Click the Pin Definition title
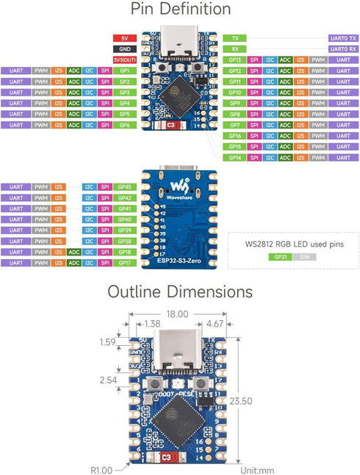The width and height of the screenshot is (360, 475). tap(180, 10)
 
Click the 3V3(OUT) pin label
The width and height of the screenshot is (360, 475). tap(123, 59)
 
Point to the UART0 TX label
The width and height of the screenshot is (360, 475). tap(342, 37)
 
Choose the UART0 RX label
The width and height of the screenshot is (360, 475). tap(342, 48)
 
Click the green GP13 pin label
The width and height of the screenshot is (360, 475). tap(235, 59)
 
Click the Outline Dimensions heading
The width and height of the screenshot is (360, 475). tap(180, 291)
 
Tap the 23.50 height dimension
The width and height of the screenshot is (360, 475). tap(261, 402)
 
